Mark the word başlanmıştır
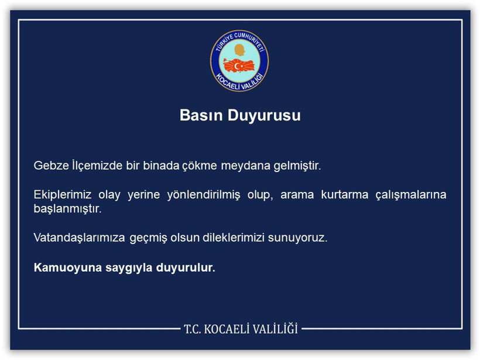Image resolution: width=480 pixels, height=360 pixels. point(67,209)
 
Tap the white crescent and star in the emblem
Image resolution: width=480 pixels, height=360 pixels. point(238,66)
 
